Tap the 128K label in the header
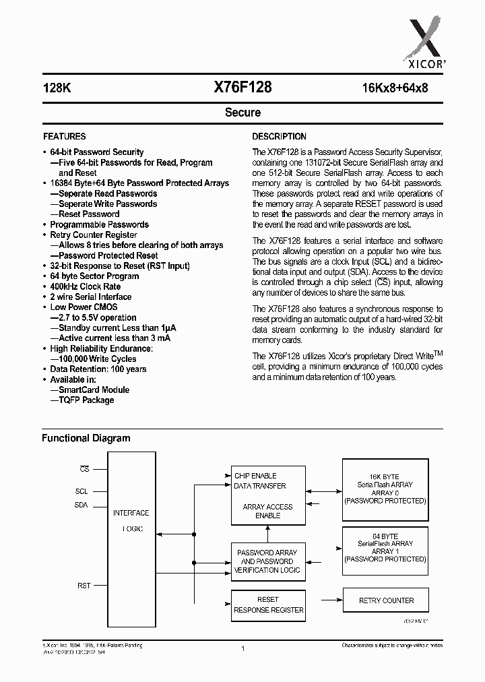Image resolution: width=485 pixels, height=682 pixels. coord(56,88)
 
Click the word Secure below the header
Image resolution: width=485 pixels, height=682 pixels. coord(243,113)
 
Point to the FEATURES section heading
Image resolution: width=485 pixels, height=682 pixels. coord(64,136)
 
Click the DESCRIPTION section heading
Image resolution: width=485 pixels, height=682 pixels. coord(279,136)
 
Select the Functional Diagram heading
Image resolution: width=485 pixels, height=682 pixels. coord(86,438)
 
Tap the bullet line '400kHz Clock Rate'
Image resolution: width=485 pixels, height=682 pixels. coord(86,286)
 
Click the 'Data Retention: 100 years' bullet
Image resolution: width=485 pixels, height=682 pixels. coord(98,369)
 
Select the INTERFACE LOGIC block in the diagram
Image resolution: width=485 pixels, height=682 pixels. coord(131,520)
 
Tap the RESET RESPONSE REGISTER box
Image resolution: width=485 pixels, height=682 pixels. coord(268,604)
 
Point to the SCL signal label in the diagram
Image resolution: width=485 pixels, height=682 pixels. coord(82,491)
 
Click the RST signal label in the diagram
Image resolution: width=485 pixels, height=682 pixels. coord(84,586)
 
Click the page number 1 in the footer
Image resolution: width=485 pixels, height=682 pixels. coord(243,648)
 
